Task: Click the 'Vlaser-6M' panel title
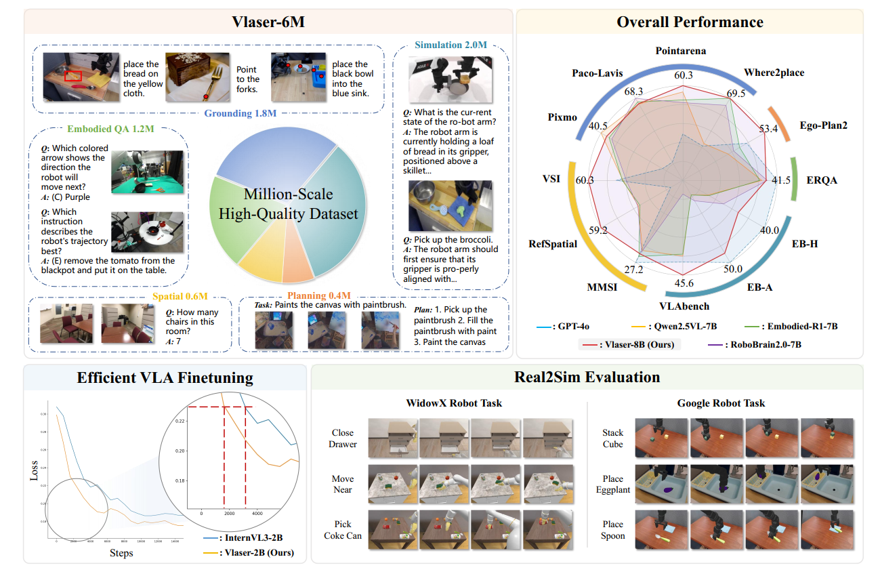268,22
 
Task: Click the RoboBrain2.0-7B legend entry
760,344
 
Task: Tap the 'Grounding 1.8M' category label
241,113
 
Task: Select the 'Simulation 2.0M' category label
451,45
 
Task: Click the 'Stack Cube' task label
612,438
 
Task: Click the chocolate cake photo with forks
197,77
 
